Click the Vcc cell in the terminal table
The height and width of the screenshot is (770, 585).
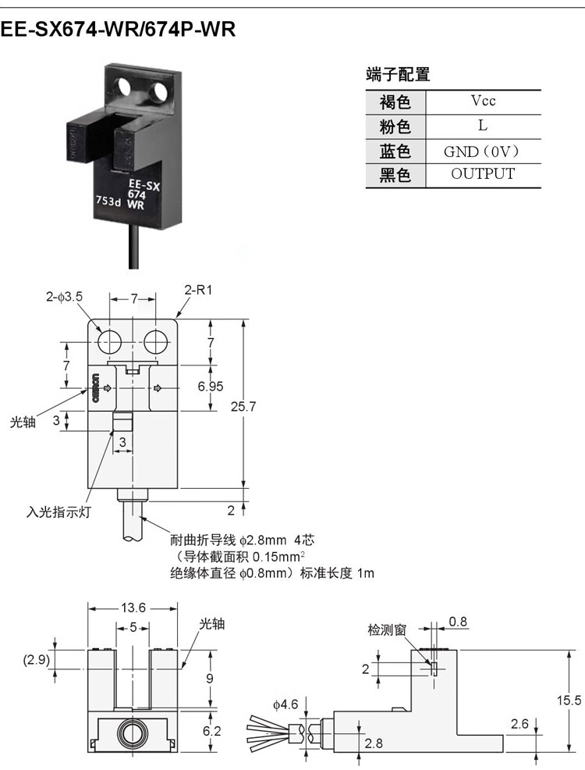483,101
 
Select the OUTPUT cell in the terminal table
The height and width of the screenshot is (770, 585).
483,174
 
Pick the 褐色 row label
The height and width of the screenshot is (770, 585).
395,102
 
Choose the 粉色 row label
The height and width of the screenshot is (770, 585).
395,127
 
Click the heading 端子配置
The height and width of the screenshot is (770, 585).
398,75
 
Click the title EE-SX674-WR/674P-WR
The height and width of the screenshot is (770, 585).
118,30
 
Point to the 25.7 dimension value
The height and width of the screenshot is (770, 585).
243,407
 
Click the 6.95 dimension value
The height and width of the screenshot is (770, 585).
211,387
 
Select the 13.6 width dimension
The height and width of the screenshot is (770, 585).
133,608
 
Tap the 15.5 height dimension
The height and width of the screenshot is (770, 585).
569,700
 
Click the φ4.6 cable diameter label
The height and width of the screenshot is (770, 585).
285,704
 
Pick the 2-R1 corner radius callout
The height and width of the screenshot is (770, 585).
198,291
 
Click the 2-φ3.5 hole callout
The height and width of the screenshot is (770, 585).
64,297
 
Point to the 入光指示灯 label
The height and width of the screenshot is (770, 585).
58,512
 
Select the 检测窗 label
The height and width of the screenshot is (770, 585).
387,629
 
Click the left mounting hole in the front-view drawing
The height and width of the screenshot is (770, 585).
109,342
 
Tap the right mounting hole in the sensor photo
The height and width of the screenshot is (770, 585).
160,91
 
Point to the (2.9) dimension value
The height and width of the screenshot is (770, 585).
37,660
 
